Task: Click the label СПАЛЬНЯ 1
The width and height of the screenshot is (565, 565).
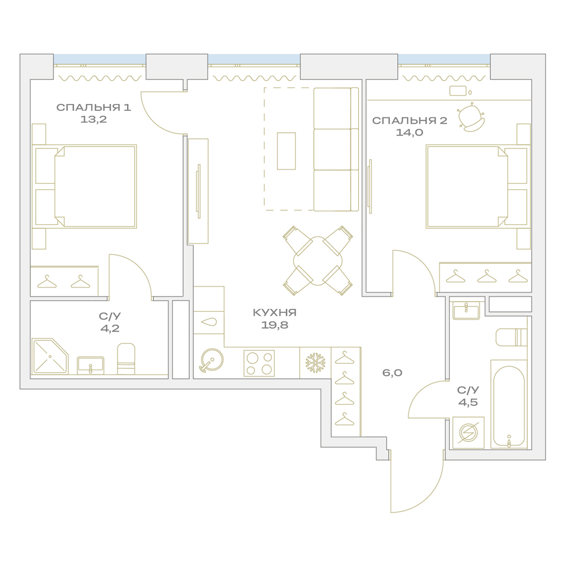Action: [x=94, y=107]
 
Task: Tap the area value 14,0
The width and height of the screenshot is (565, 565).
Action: [x=409, y=133]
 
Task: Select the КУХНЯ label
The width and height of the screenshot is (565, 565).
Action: [x=275, y=312]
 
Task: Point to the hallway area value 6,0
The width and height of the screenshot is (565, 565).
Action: [x=392, y=372]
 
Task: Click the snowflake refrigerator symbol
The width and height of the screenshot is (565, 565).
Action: [x=315, y=363]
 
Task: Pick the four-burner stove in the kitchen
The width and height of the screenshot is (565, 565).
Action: [x=259, y=363]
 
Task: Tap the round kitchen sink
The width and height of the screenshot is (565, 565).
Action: [x=212, y=360]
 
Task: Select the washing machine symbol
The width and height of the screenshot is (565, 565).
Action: [x=468, y=433]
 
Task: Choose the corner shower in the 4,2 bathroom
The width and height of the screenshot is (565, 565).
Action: [x=50, y=356]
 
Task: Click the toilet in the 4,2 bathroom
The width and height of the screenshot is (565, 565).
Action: [x=126, y=359]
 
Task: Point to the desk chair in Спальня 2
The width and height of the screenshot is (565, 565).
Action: [x=471, y=117]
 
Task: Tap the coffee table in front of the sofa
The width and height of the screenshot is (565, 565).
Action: [x=286, y=151]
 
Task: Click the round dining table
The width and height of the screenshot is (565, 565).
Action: [x=318, y=261]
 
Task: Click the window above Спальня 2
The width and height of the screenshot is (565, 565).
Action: [x=444, y=59]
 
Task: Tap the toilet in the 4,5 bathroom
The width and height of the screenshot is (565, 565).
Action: [x=511, y=337]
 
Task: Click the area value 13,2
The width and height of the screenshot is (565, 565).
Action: [x=94, y=119]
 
